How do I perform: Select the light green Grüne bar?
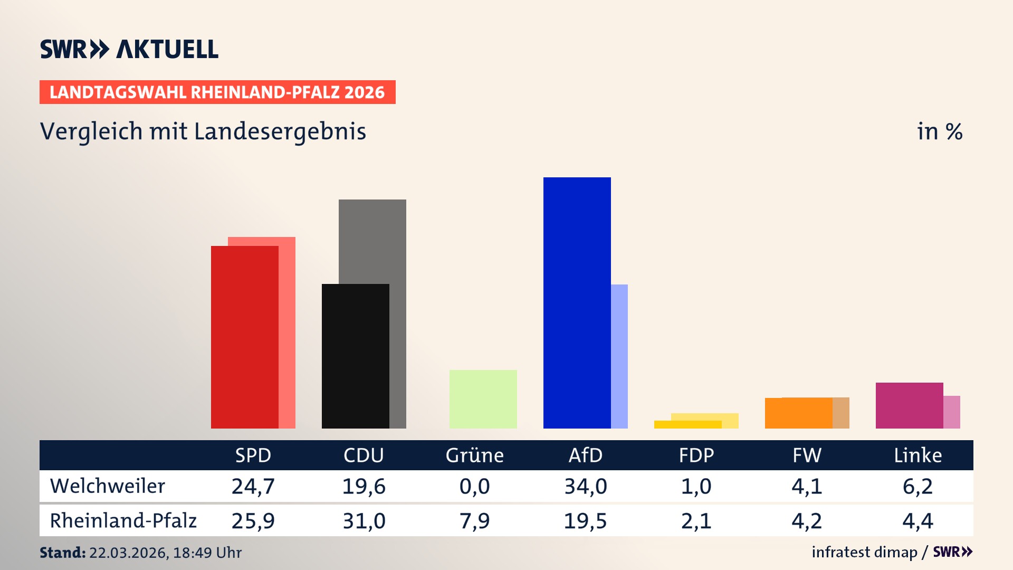point(483,399)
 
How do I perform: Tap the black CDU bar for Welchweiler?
point(355,356)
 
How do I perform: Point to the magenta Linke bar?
point(909,405)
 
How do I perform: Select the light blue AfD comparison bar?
point(619,356)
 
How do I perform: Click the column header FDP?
point(696,455)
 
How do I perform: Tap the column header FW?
point(807,455)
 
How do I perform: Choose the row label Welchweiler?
point(108,486)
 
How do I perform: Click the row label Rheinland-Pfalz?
point(123,521)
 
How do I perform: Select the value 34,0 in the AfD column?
point(585,486)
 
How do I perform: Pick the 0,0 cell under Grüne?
point(474,486)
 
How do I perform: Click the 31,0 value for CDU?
point(364,521)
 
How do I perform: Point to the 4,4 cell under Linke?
point(918,521)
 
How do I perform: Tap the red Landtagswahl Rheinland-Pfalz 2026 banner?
point(217,92)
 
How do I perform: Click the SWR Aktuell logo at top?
point(129,49)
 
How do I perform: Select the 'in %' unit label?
point(939,131)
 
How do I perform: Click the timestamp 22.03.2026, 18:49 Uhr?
point(165,553)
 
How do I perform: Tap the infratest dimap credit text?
point(864,552)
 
